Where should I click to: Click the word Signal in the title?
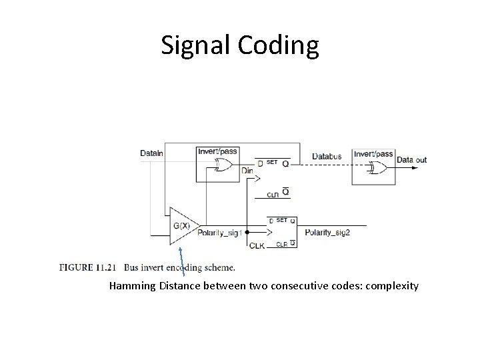click(x=194, y=45)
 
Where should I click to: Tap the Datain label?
click(x=151, y=153)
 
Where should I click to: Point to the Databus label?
click(x=327, y=157)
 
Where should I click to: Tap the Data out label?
click(x=411, y=160)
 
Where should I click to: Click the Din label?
click(x=247, y=171)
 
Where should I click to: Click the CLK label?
click(x=257, y=245)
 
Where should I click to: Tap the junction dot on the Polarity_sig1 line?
click(x=247, y=233)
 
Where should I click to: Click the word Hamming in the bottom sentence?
click(x=133, y=286)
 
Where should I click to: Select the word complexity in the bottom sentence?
click(x=392, y=286)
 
